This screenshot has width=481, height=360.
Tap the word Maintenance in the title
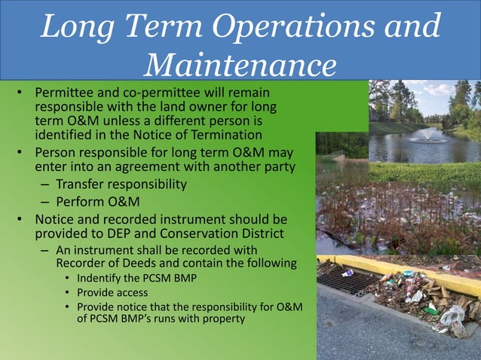[x=240, y=64]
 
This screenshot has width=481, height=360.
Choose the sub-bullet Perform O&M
[x=94, y=201]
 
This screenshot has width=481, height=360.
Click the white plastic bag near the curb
[x=452, y=316]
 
